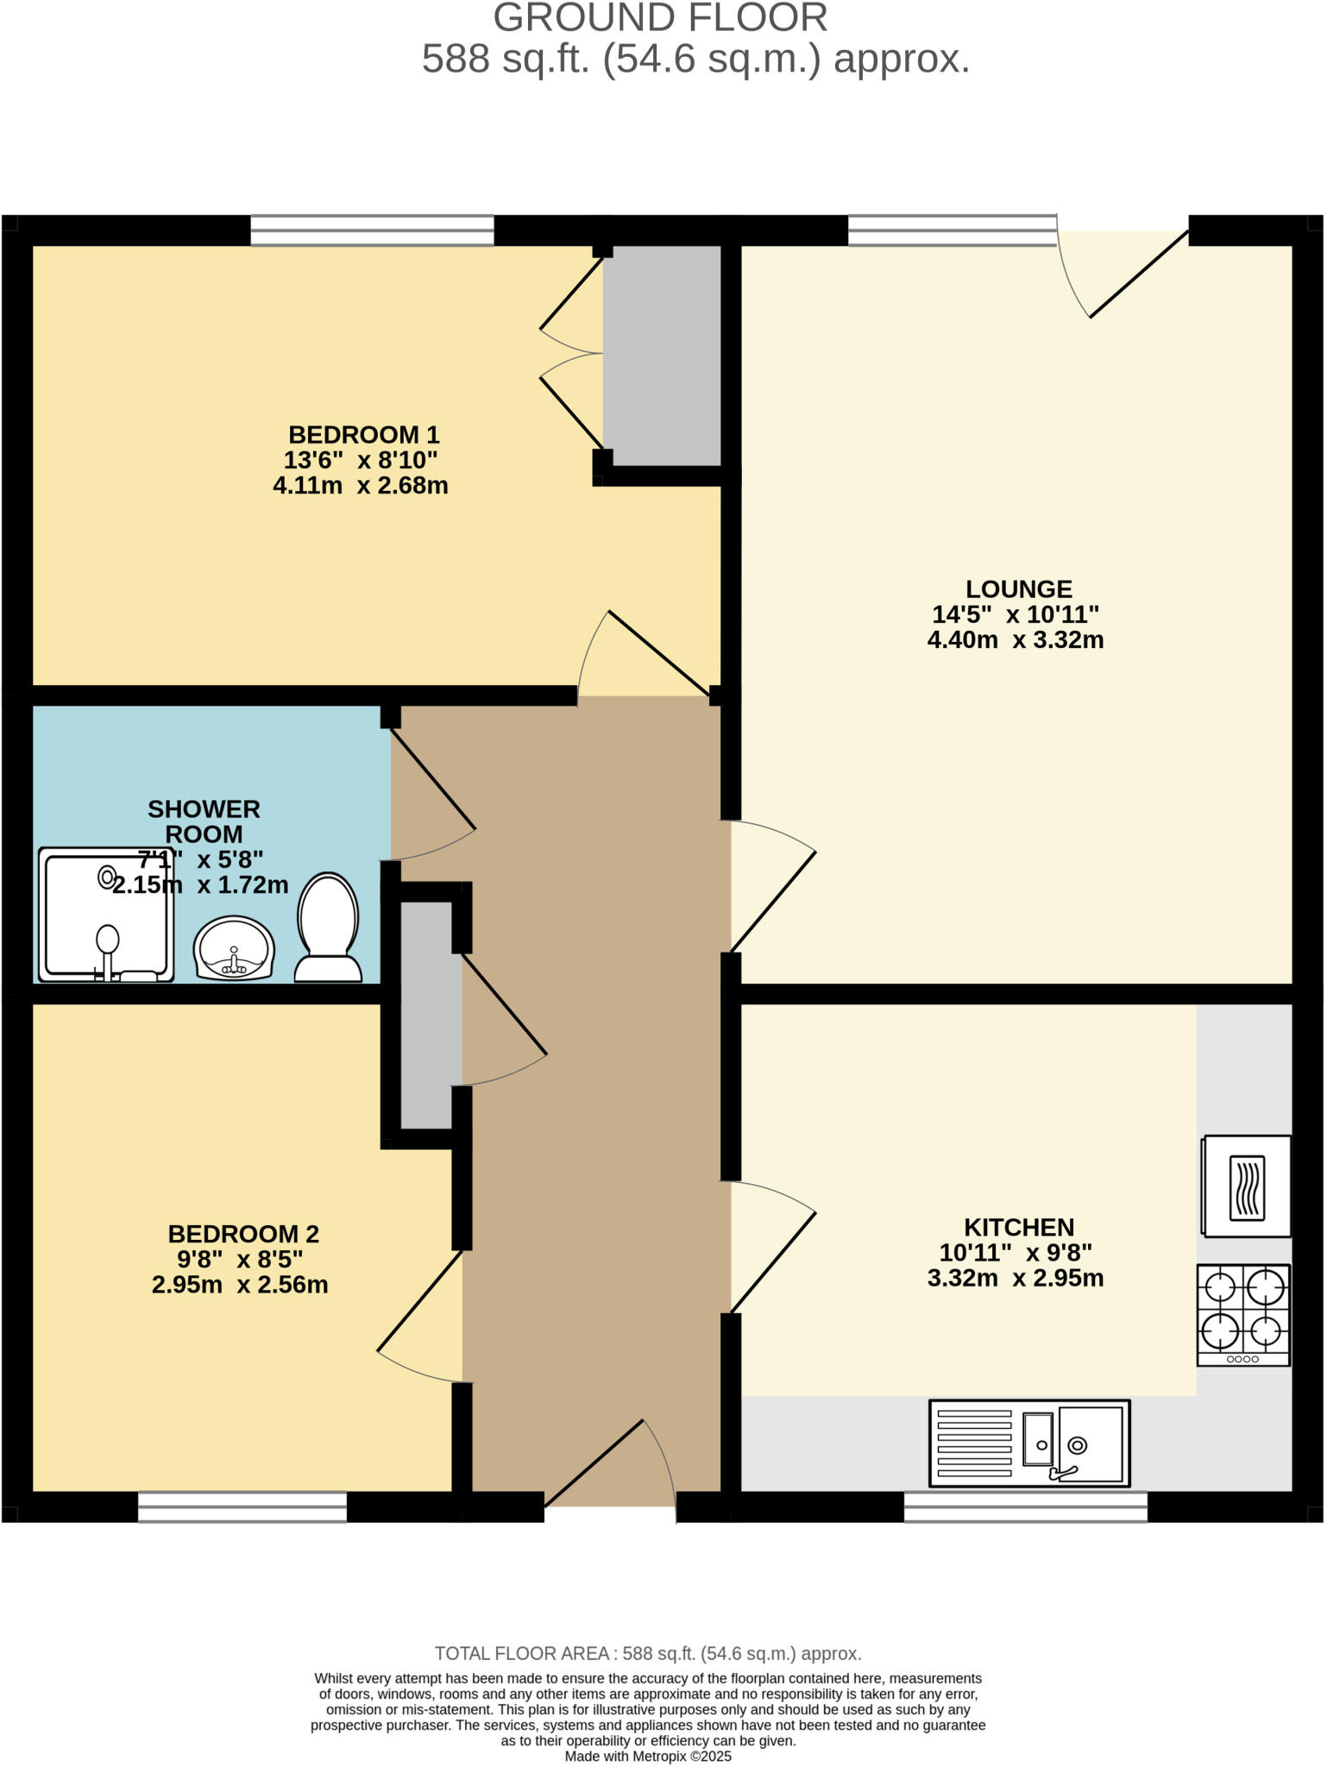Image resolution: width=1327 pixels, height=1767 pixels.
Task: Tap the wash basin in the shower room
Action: coord(234,948)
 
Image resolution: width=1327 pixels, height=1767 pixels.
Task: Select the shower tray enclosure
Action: coord(106,915)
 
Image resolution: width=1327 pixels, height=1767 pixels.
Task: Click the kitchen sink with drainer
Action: coord(1029,1443)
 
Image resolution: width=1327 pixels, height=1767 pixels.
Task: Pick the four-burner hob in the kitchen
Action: coord(1243,1314)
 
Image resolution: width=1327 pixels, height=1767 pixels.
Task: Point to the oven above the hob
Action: coord(1247,1186)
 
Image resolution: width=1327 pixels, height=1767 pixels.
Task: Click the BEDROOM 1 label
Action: coord(363,434)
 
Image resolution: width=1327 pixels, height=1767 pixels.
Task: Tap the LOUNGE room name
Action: coord(1018,589)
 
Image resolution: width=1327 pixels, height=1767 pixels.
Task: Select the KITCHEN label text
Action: coord(1018,1227)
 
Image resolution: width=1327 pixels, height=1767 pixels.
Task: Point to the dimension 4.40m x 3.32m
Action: coord(1016,640)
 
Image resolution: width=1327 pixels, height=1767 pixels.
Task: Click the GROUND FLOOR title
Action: coord(660,19)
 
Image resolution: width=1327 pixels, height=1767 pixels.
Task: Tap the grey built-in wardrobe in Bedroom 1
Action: coord(662,355)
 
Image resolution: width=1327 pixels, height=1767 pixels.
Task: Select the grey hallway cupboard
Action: coord(426,1015)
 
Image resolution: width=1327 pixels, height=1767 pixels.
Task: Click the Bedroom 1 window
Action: coord(372,230)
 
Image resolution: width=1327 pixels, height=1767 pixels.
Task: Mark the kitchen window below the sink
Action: coord(1025,1506)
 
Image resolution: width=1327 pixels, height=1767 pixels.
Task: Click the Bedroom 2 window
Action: coord(242,1506)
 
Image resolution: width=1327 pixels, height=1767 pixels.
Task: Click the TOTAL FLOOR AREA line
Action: coord(648,1653)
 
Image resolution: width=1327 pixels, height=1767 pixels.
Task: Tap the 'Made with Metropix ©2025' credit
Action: coord(648,1757)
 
